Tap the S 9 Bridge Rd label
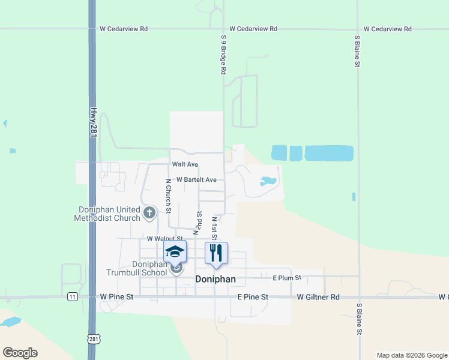tap(223, 55)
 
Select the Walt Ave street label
tap(185, 164)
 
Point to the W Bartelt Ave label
tap(196, 179)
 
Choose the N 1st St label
tap(214, 229)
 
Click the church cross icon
tap(149, 212)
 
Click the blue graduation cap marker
tap(175, 252)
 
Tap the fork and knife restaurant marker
tap(216, 253)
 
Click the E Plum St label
tap(286, 278)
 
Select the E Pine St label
tap(252, 297)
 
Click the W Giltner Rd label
tap(318, 297)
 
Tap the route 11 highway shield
tap(72, 297)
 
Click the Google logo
tap(20, 353)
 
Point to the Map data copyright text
tap(412, 355)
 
